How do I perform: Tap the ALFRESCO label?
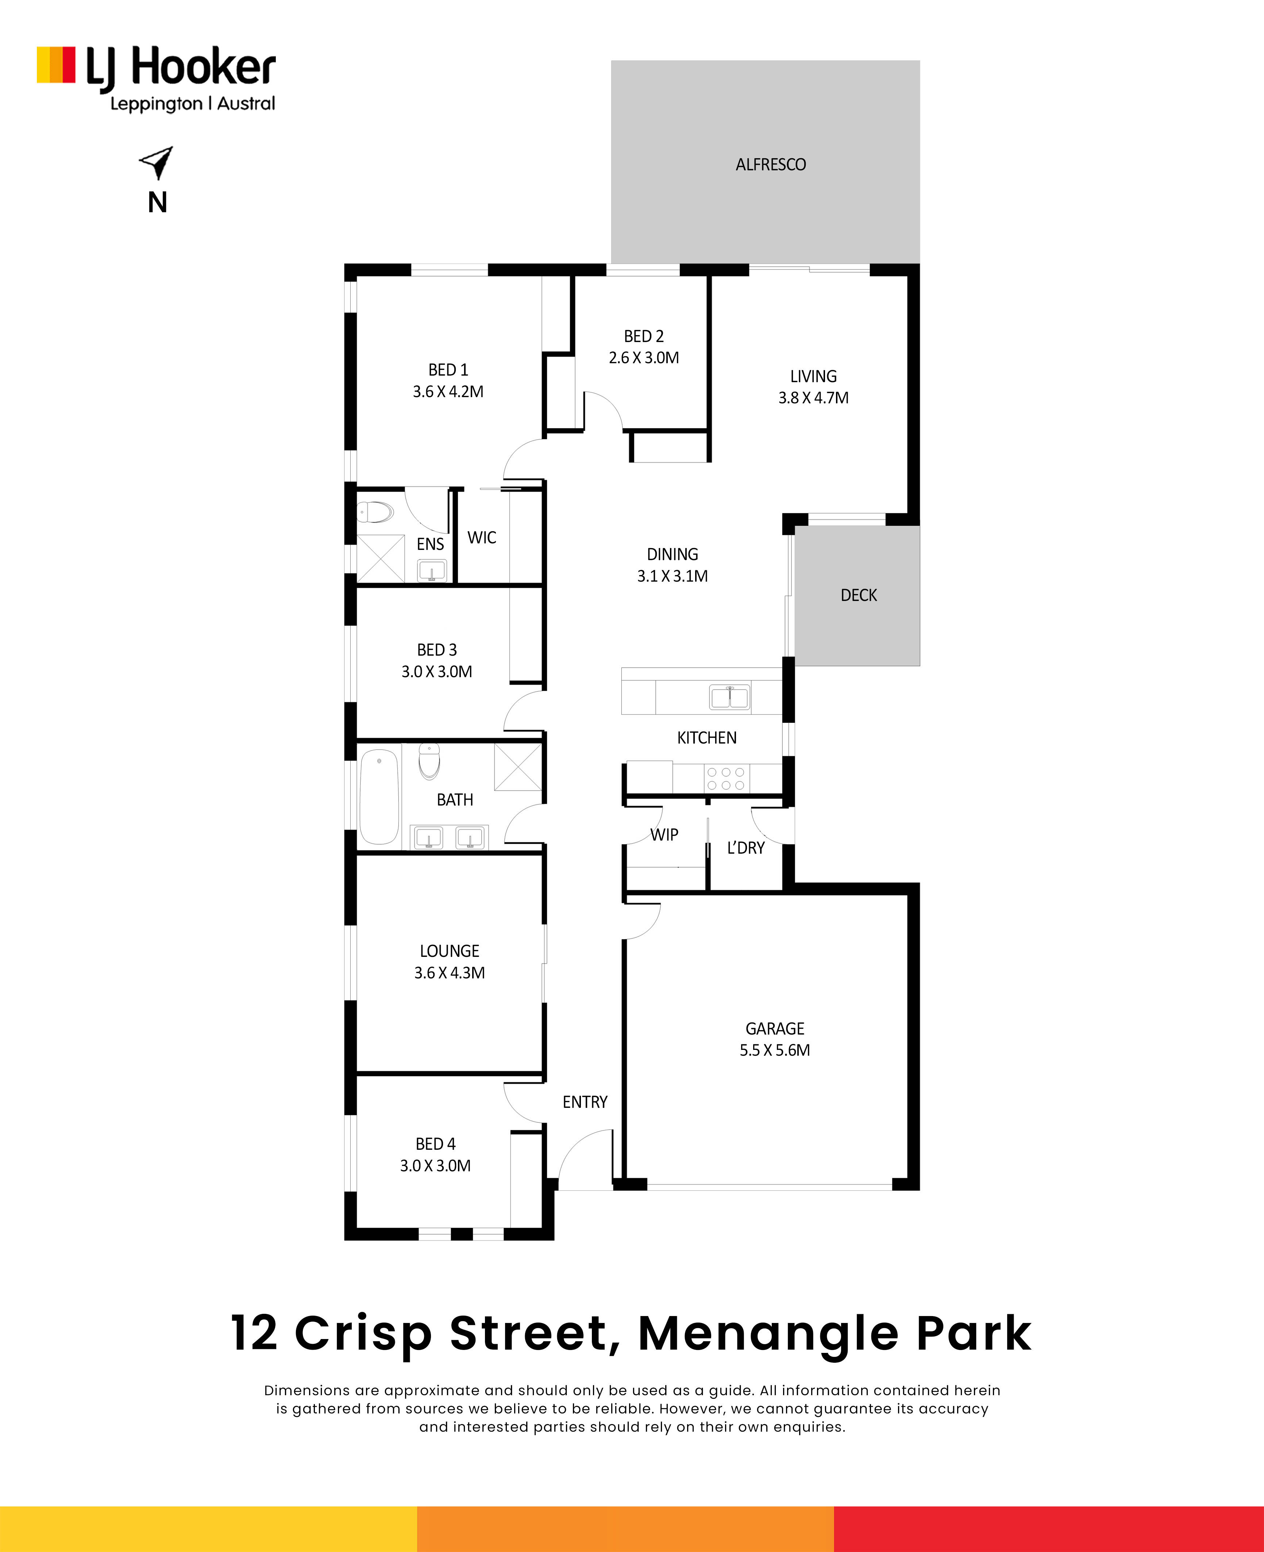(770, 164)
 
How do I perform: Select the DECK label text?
(859, 595)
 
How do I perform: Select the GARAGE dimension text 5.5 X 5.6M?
(775, 1050)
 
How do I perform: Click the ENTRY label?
(585, 1102)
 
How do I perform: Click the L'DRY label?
(745, 848)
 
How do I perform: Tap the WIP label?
(664, 835)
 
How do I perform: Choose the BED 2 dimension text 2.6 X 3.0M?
(644, 358)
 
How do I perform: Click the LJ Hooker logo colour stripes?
(56, 65)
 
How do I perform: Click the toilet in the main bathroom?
(429, 761)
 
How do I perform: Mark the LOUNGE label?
(449, 951)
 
